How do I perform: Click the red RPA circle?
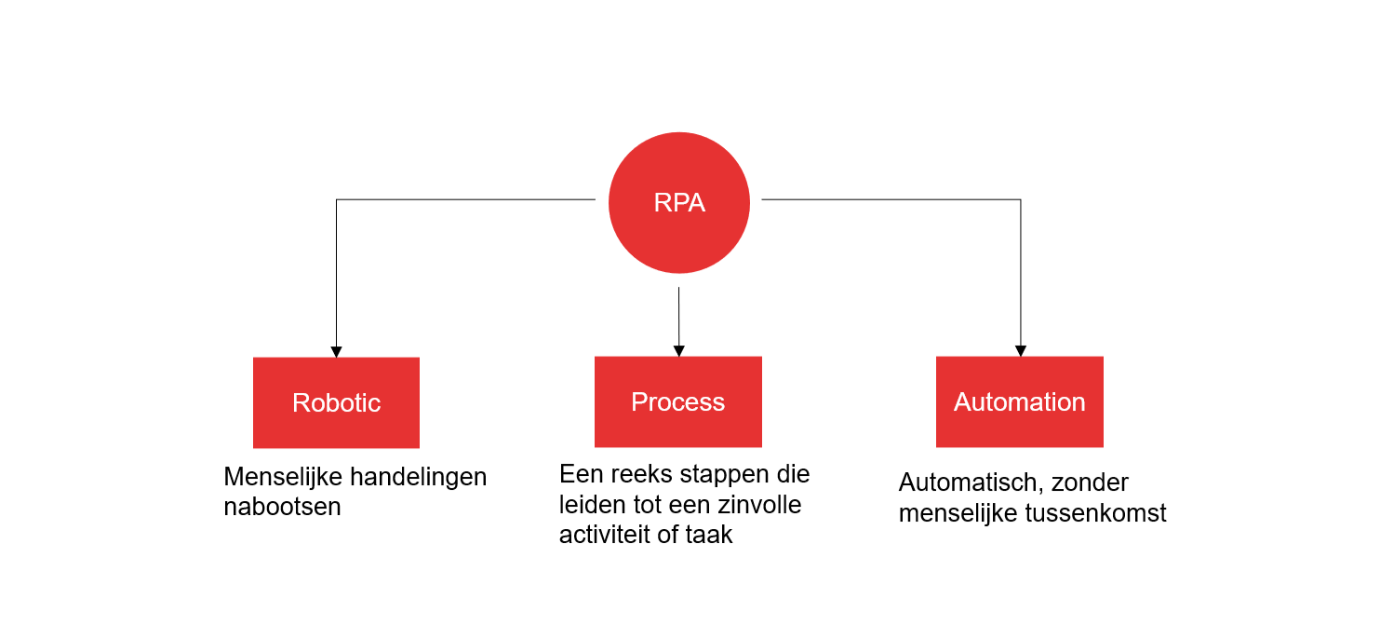678,203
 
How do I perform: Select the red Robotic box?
336,402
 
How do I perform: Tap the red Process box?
677,401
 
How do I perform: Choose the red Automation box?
1019,401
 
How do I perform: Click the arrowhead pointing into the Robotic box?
336,352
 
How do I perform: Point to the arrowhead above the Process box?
678,351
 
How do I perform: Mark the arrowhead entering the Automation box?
1020,351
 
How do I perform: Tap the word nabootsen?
282,507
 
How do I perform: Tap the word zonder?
1093,483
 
